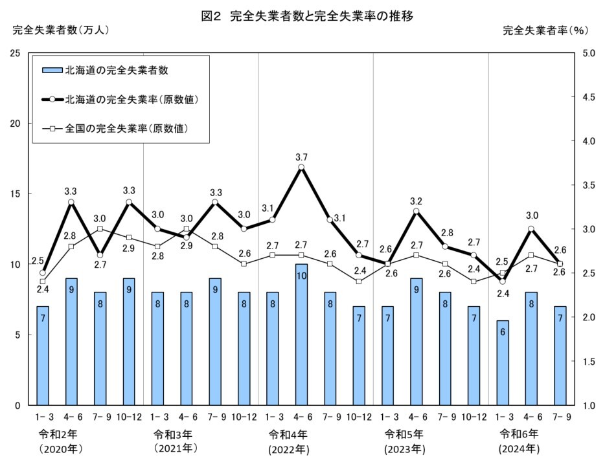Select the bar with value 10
[x=301, y=334]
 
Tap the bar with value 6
[x=502, y=362]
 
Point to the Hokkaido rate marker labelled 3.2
[x=416, y=211]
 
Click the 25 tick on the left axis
[x=15, y=53]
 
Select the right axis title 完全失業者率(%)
[x=545, y=30]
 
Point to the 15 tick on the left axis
[x=15, y=194]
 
